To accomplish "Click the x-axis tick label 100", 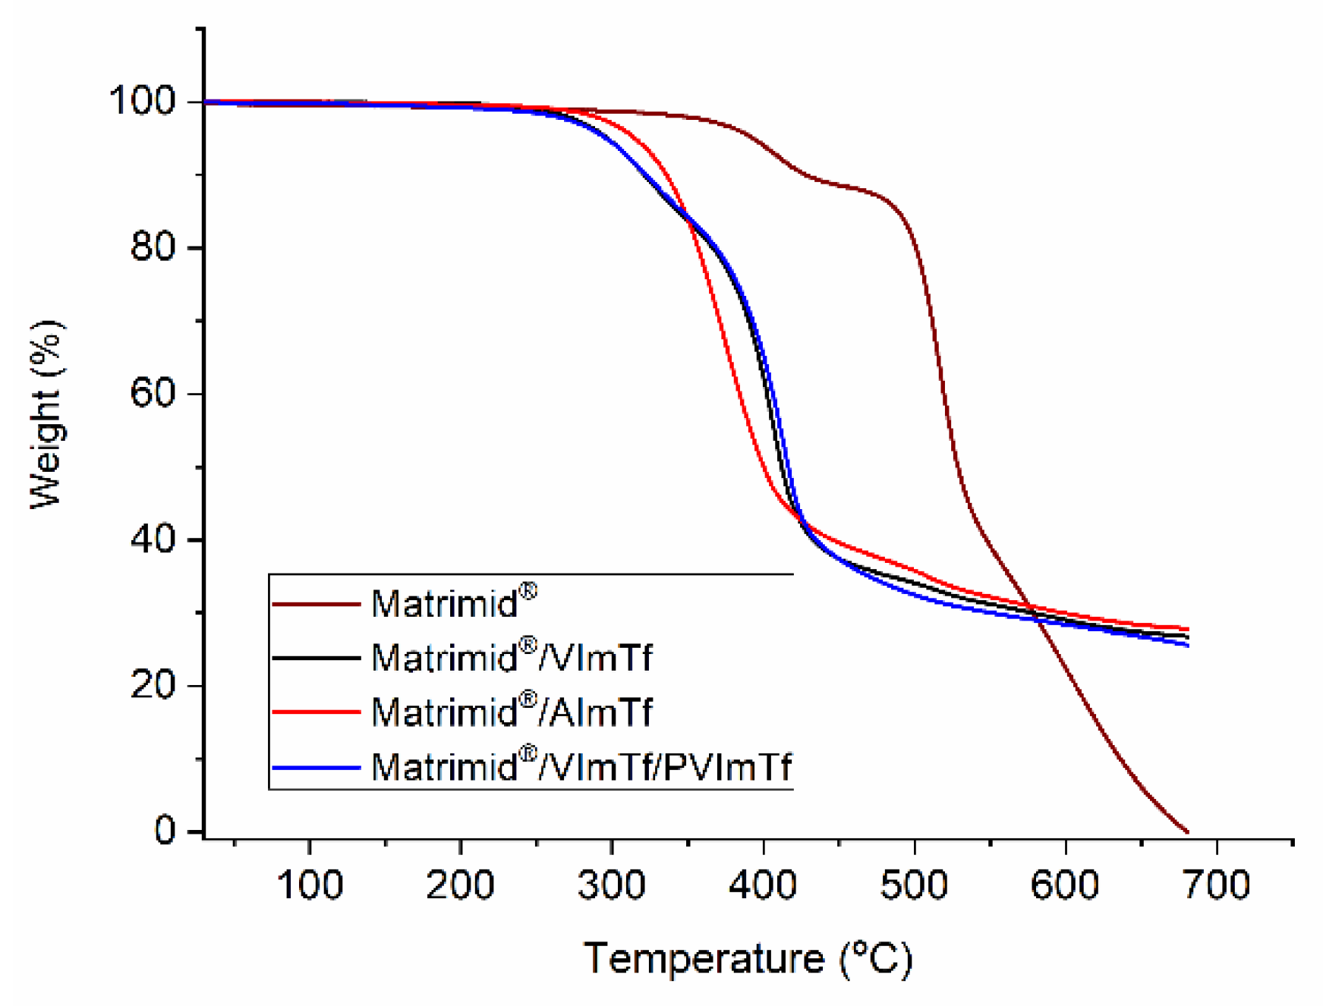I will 309,885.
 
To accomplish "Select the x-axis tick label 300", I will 612,885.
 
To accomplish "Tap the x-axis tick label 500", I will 914,885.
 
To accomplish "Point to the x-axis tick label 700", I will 1216,885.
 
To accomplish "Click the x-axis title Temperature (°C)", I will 748,958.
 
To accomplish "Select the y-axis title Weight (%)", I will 47,414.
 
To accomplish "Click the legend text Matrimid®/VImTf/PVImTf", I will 581,767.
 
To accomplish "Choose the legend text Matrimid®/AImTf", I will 511,712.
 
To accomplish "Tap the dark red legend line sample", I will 315,605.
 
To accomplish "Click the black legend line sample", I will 315,658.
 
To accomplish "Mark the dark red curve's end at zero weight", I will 1186,832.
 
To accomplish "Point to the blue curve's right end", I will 1187,645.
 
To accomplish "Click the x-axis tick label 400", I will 763,885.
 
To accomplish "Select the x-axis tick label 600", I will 1065,885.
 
